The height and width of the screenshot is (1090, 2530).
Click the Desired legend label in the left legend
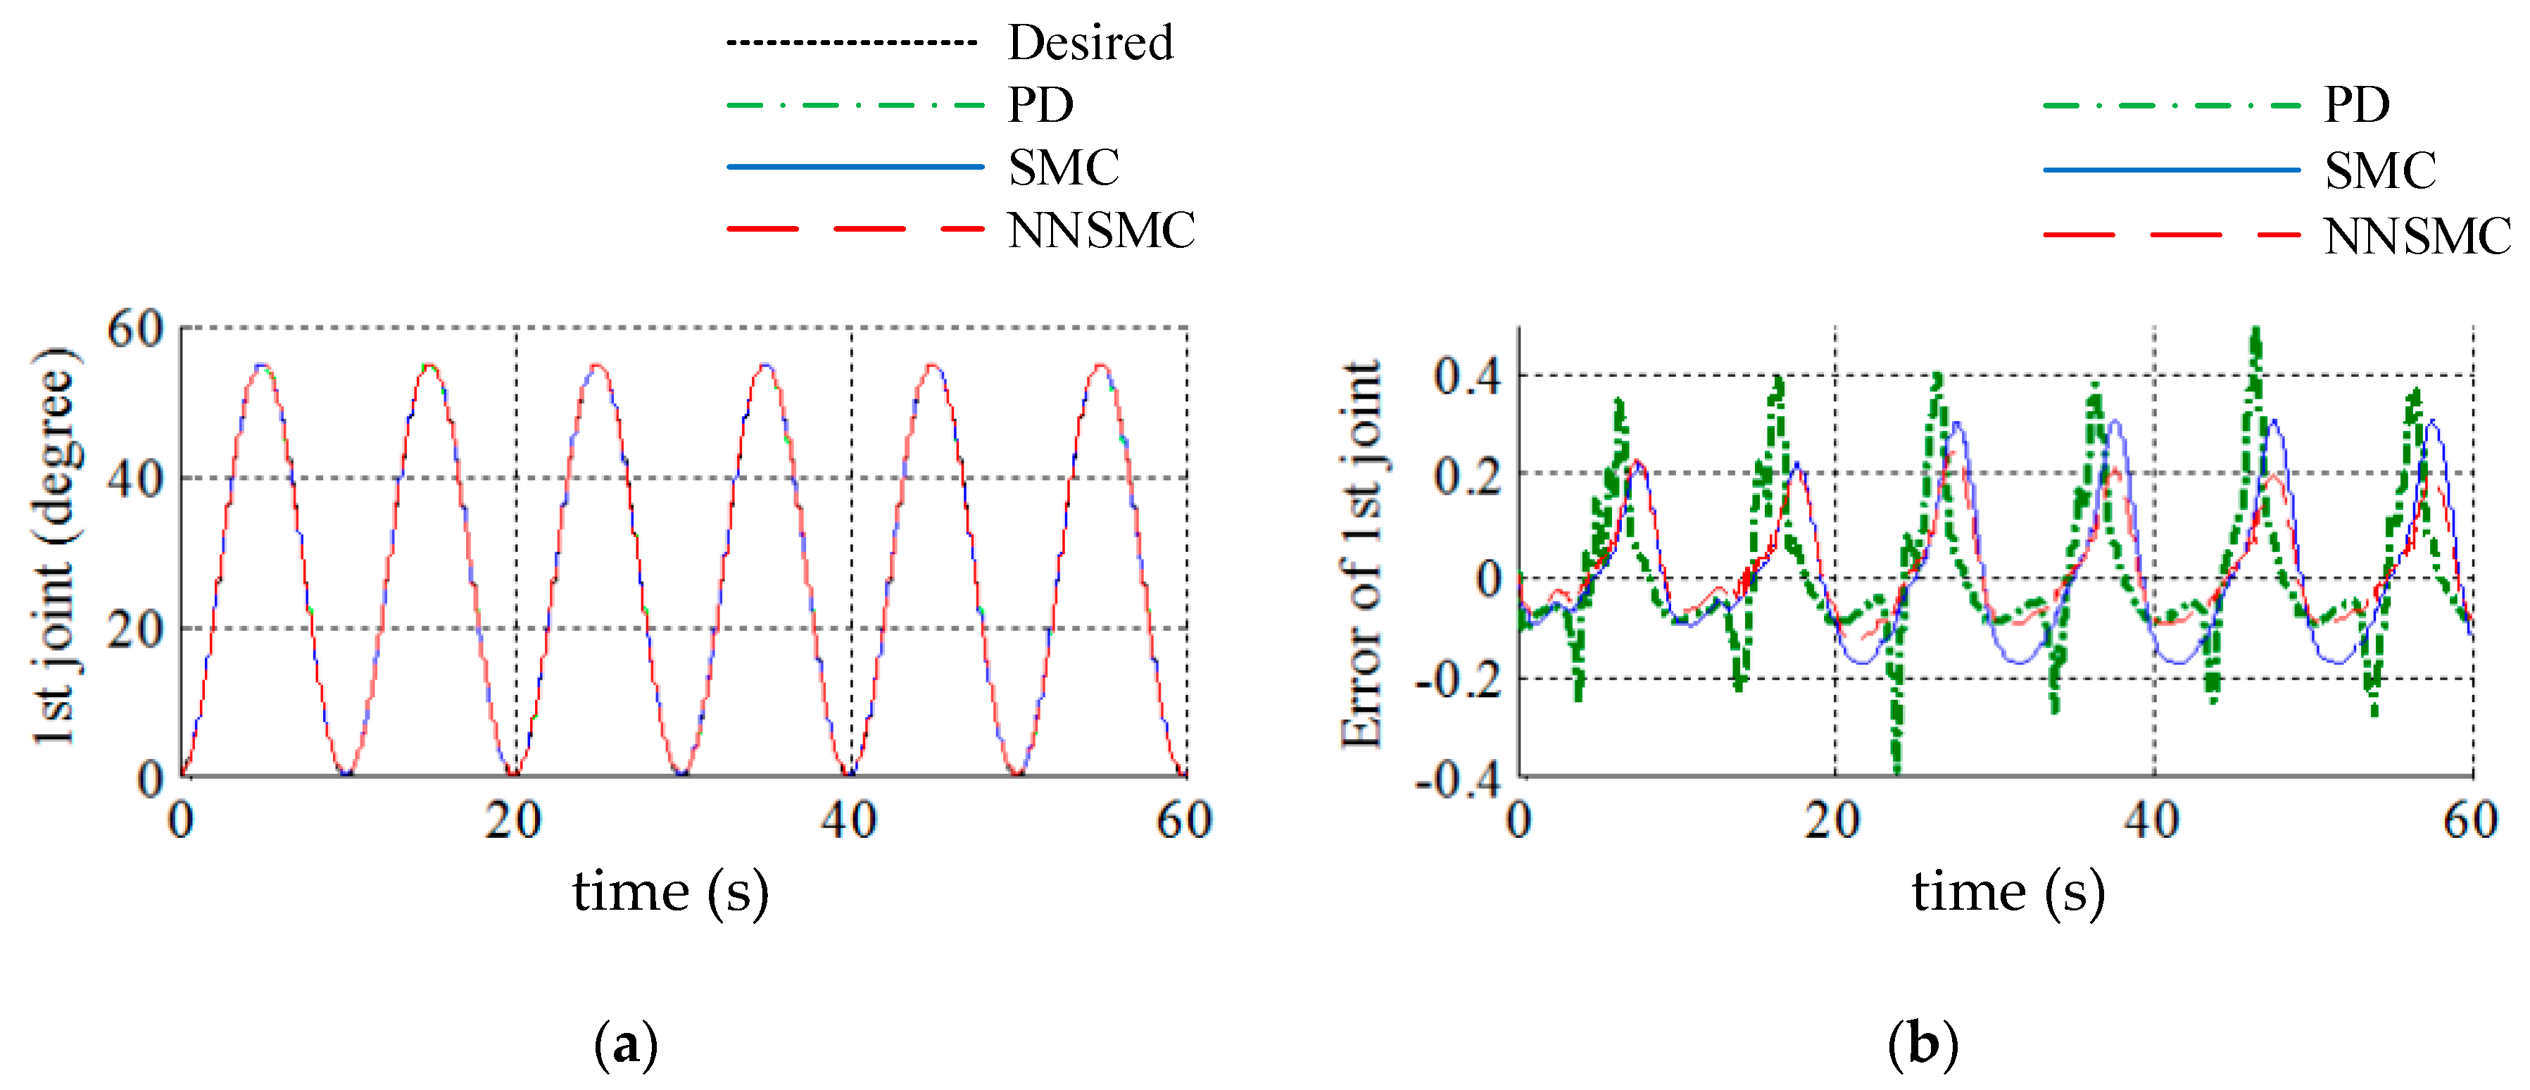coord(1090,42)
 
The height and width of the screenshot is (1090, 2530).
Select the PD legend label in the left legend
coord(1040,104)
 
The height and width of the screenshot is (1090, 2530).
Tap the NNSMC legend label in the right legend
coord(2416,237)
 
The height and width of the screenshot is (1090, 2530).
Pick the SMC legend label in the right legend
coord(2380,171)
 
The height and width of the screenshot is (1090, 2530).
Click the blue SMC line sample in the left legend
coord(855,167)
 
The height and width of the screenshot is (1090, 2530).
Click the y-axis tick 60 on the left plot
coord(136,329)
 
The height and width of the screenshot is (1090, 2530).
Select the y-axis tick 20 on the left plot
coord(136,629)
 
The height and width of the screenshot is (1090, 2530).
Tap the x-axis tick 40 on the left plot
coord(848,820)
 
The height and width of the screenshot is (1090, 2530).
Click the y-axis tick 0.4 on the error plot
coord(1467,376)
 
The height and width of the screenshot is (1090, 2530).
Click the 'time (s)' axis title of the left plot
coord(671,891)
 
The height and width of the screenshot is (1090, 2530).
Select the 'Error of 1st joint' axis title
coord(1364,555)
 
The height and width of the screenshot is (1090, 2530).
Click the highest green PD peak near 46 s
coord(2256,332)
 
